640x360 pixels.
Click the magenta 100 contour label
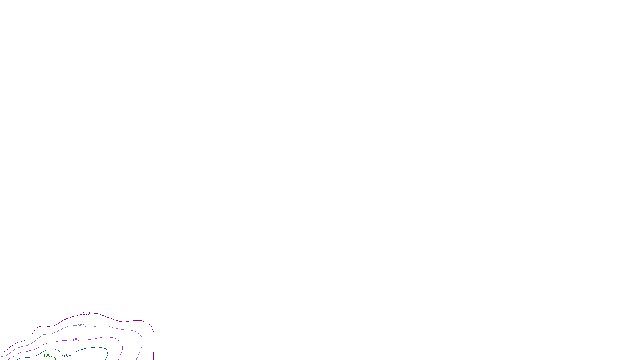pos(86,314)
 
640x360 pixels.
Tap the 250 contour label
pos(81,326)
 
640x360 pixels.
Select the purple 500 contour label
pos(76,340)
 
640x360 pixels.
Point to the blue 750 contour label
pos(65,355)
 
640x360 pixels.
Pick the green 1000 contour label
pos(48,355)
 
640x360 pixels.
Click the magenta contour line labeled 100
pos(120,321)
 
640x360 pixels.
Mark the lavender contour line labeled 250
pos(120,329)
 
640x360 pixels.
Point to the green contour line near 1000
pos(55,358)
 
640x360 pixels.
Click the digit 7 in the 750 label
pos(62,355)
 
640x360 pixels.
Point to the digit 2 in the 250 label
pos(79,326)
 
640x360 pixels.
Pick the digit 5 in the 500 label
pos(74,340)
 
